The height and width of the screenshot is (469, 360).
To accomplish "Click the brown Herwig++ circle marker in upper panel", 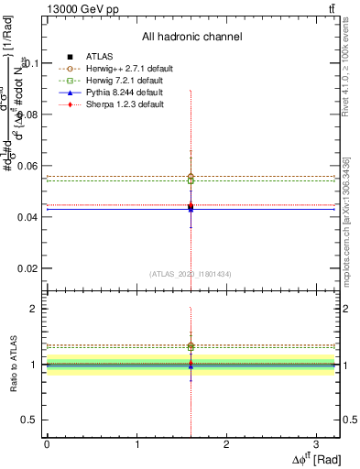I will [191, 176].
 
